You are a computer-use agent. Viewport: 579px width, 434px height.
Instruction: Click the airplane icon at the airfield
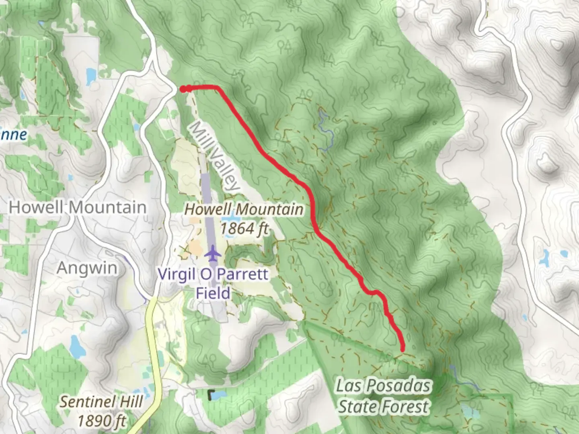213,254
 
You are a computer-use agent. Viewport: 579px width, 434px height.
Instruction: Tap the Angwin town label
87,268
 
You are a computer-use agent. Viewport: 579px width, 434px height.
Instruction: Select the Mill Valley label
214,156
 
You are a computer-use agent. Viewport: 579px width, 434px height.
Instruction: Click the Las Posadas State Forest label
383,396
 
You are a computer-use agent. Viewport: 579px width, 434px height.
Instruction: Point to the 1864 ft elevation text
244,229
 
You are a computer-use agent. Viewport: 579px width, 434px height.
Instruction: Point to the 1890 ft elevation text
101,421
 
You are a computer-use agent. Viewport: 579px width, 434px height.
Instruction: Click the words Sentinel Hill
101,401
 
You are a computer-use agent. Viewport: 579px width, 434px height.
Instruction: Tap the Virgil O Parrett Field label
213,283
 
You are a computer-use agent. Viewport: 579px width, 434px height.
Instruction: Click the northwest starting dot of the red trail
183,89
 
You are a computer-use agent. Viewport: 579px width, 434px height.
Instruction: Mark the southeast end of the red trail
402,350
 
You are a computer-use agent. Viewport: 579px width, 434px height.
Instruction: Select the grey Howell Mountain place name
78,207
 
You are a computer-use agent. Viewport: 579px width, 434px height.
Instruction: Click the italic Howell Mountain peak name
244,209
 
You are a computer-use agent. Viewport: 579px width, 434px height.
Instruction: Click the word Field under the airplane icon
213,293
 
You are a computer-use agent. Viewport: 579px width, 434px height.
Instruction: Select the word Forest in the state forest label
406,407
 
